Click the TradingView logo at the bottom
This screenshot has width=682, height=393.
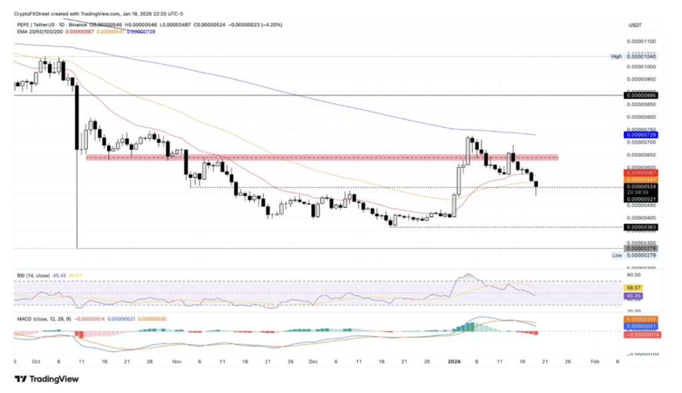tap(47, 378)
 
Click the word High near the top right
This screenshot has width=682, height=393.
tap(616, 57)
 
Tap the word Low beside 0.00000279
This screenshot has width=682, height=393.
tap(617, 255)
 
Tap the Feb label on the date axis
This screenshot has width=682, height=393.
tap(595, 362)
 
